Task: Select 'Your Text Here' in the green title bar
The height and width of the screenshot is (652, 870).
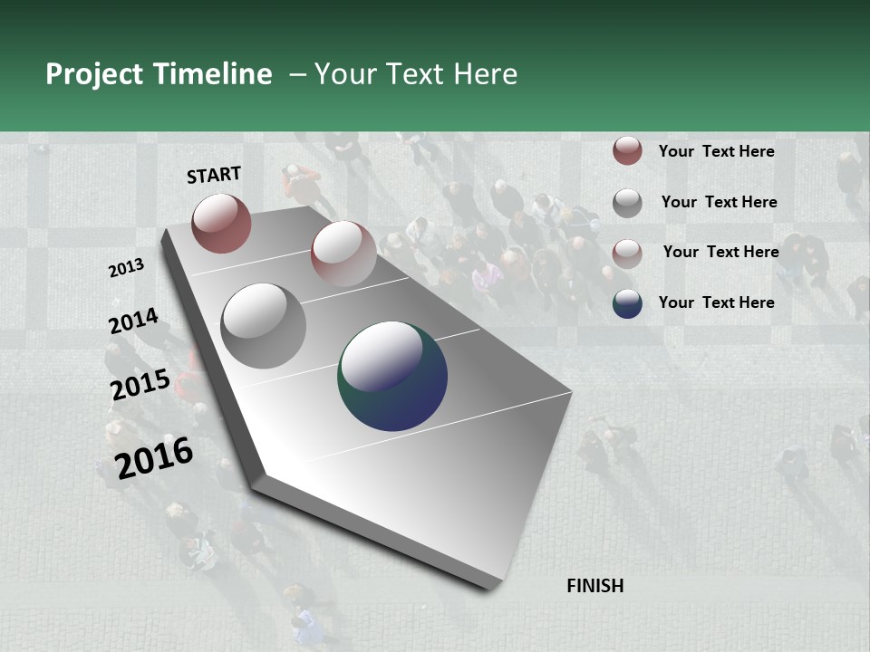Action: [415, 74]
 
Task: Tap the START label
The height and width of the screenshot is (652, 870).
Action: [214, 175]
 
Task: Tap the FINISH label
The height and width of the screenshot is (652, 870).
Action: [594, 586]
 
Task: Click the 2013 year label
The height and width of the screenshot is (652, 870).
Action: [126, 268]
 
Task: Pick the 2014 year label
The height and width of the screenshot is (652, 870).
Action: [133, 321]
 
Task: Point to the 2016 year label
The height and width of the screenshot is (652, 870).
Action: [153, 458]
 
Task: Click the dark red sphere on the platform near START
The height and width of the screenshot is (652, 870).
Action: [221, 223]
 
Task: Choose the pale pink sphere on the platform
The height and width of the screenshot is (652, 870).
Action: [343, 254]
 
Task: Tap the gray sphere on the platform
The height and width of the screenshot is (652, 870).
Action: [264, 326]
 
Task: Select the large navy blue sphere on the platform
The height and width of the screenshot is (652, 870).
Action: [392, 376]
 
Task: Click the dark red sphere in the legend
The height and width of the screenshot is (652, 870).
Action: [627, 151]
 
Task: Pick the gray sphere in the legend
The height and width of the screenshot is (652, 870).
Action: [627, 202]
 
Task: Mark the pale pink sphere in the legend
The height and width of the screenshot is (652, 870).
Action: [627, 253]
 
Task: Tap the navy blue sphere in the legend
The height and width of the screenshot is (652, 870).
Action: [627, 303]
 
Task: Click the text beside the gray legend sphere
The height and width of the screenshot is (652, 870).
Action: [719, 202]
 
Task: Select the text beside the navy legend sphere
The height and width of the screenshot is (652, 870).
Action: [716, 302]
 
